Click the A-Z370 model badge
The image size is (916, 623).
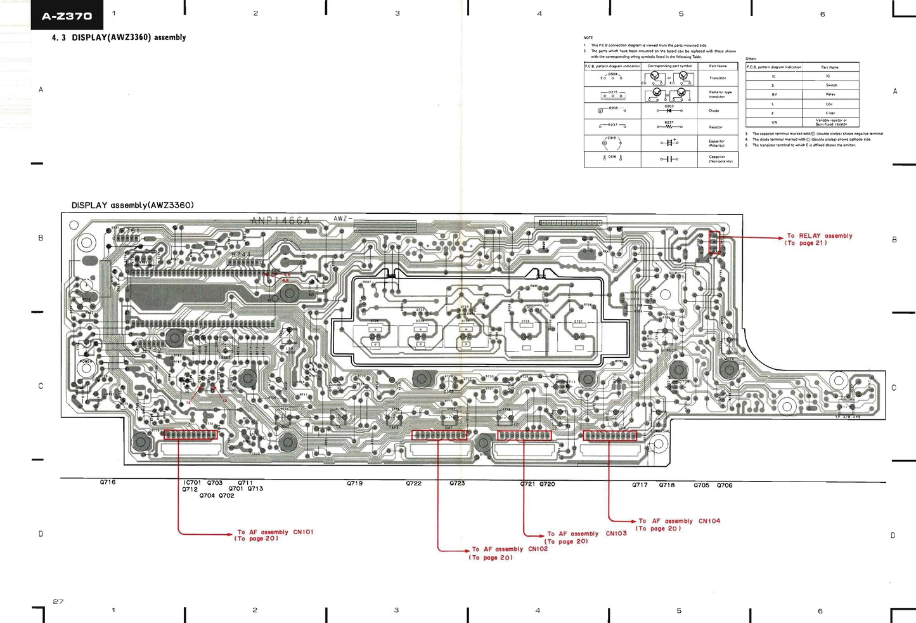pyautogui.click(x=67, y=16)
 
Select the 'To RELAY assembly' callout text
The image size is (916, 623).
pyautogui.click(x=819, y=236)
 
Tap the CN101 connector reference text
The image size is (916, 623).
pyautogui.click(x=303, y=532)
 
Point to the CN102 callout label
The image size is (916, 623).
pyautogui.click(x=538, y=549)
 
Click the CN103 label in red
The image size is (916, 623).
pyautogui.click(x=616, y=534)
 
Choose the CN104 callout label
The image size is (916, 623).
pyautogui.click(x=709, y=521)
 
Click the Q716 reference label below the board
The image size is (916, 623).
pyautogui.click(x=108, y=482)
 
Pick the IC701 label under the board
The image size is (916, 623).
pyautogui.click(x=192, y=483)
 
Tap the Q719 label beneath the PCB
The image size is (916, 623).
pyautogui.click(x=354, y=483)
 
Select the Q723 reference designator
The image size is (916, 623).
pyautogui.click(x=457, y=483)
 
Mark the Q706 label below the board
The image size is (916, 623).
pyautogui.click(x=725, y=485)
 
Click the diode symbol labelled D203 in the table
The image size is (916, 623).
pyautogui.click(x=669, y=110)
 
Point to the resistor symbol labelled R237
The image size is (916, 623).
pyautogui.click(x=669, y=127)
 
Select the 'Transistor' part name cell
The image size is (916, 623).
pyautogui.click(x=718, y=78)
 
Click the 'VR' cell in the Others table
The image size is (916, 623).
pyautogui.click(x=773, y=122)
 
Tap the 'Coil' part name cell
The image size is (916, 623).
pyautogui.click(x=829, y=104)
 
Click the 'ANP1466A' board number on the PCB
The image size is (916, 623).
pyautogui.click(x=280, y=221)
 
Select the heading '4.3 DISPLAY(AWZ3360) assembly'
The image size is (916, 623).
pyautogui.click(x=119, y=37)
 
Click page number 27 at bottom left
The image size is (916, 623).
pyautogui.click(x=58, y=601)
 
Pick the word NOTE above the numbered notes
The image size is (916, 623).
pyautogui.click(x=588, y=38)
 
